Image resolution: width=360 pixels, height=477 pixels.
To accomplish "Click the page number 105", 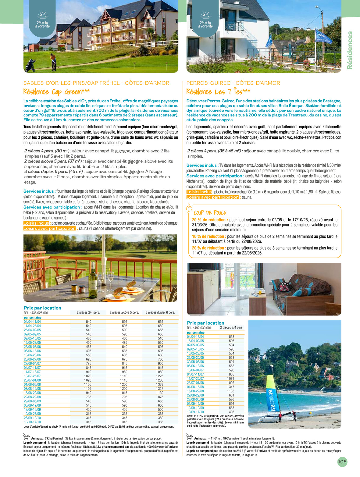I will (342, 462).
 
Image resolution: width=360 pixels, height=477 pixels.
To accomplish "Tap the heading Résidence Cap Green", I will (56, 92).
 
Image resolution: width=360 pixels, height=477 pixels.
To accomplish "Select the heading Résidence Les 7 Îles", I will (218, 92).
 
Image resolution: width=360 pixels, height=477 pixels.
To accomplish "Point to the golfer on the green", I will (53, 61).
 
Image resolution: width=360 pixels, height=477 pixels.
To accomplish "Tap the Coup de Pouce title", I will (210, 213).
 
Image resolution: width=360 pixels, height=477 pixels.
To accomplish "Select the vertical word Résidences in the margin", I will (350, 50).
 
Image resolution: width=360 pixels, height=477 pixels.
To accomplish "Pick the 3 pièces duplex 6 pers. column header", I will (160, 312).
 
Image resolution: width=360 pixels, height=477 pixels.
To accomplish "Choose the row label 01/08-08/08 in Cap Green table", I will (32, 384).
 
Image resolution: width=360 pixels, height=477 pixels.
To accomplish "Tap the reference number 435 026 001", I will (40, 313).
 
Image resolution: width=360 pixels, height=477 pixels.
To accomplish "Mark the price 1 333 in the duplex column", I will (160, 384).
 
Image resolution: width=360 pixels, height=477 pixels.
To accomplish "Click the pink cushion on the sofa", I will (284, 287).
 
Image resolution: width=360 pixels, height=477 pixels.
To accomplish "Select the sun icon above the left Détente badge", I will (42, 15).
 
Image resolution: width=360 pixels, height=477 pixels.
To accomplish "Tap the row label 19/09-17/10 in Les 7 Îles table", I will (195, 412).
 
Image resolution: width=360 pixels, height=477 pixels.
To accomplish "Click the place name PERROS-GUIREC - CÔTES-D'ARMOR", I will (233, 83).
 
